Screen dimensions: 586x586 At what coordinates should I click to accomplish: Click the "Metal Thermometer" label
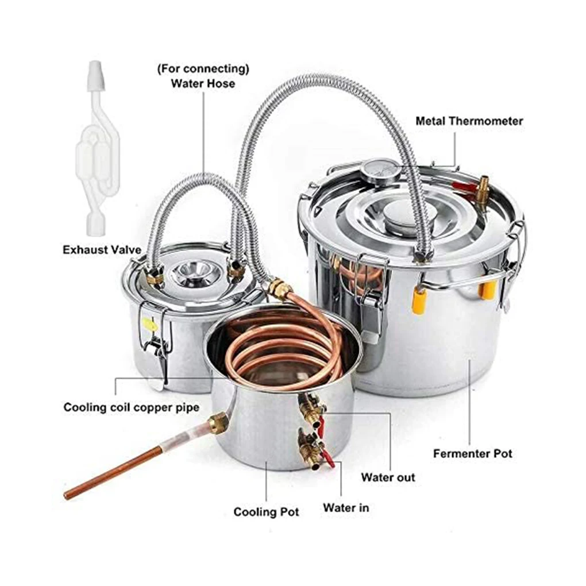[x=469, y=121]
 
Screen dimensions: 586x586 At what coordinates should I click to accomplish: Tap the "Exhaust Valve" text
[x=103, y=250]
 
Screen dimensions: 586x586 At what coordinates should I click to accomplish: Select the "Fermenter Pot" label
[x=472, y=453]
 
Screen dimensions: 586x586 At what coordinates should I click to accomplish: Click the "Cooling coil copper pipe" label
[x=131, y=407]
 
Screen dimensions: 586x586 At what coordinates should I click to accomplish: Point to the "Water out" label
[x=388, y=477]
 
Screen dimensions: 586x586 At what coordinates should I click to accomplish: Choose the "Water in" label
[x=345, y=507]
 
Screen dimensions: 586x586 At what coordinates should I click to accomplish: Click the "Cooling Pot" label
[x=266, y=511]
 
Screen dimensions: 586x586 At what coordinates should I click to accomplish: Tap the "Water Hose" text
[x=203, y=83]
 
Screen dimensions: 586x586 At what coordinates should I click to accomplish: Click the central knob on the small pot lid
[x=199, y=268]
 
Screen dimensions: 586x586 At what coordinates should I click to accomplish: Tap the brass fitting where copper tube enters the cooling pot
[x=218, y=423]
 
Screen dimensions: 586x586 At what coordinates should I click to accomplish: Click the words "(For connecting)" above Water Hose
[x=203, y=69]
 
